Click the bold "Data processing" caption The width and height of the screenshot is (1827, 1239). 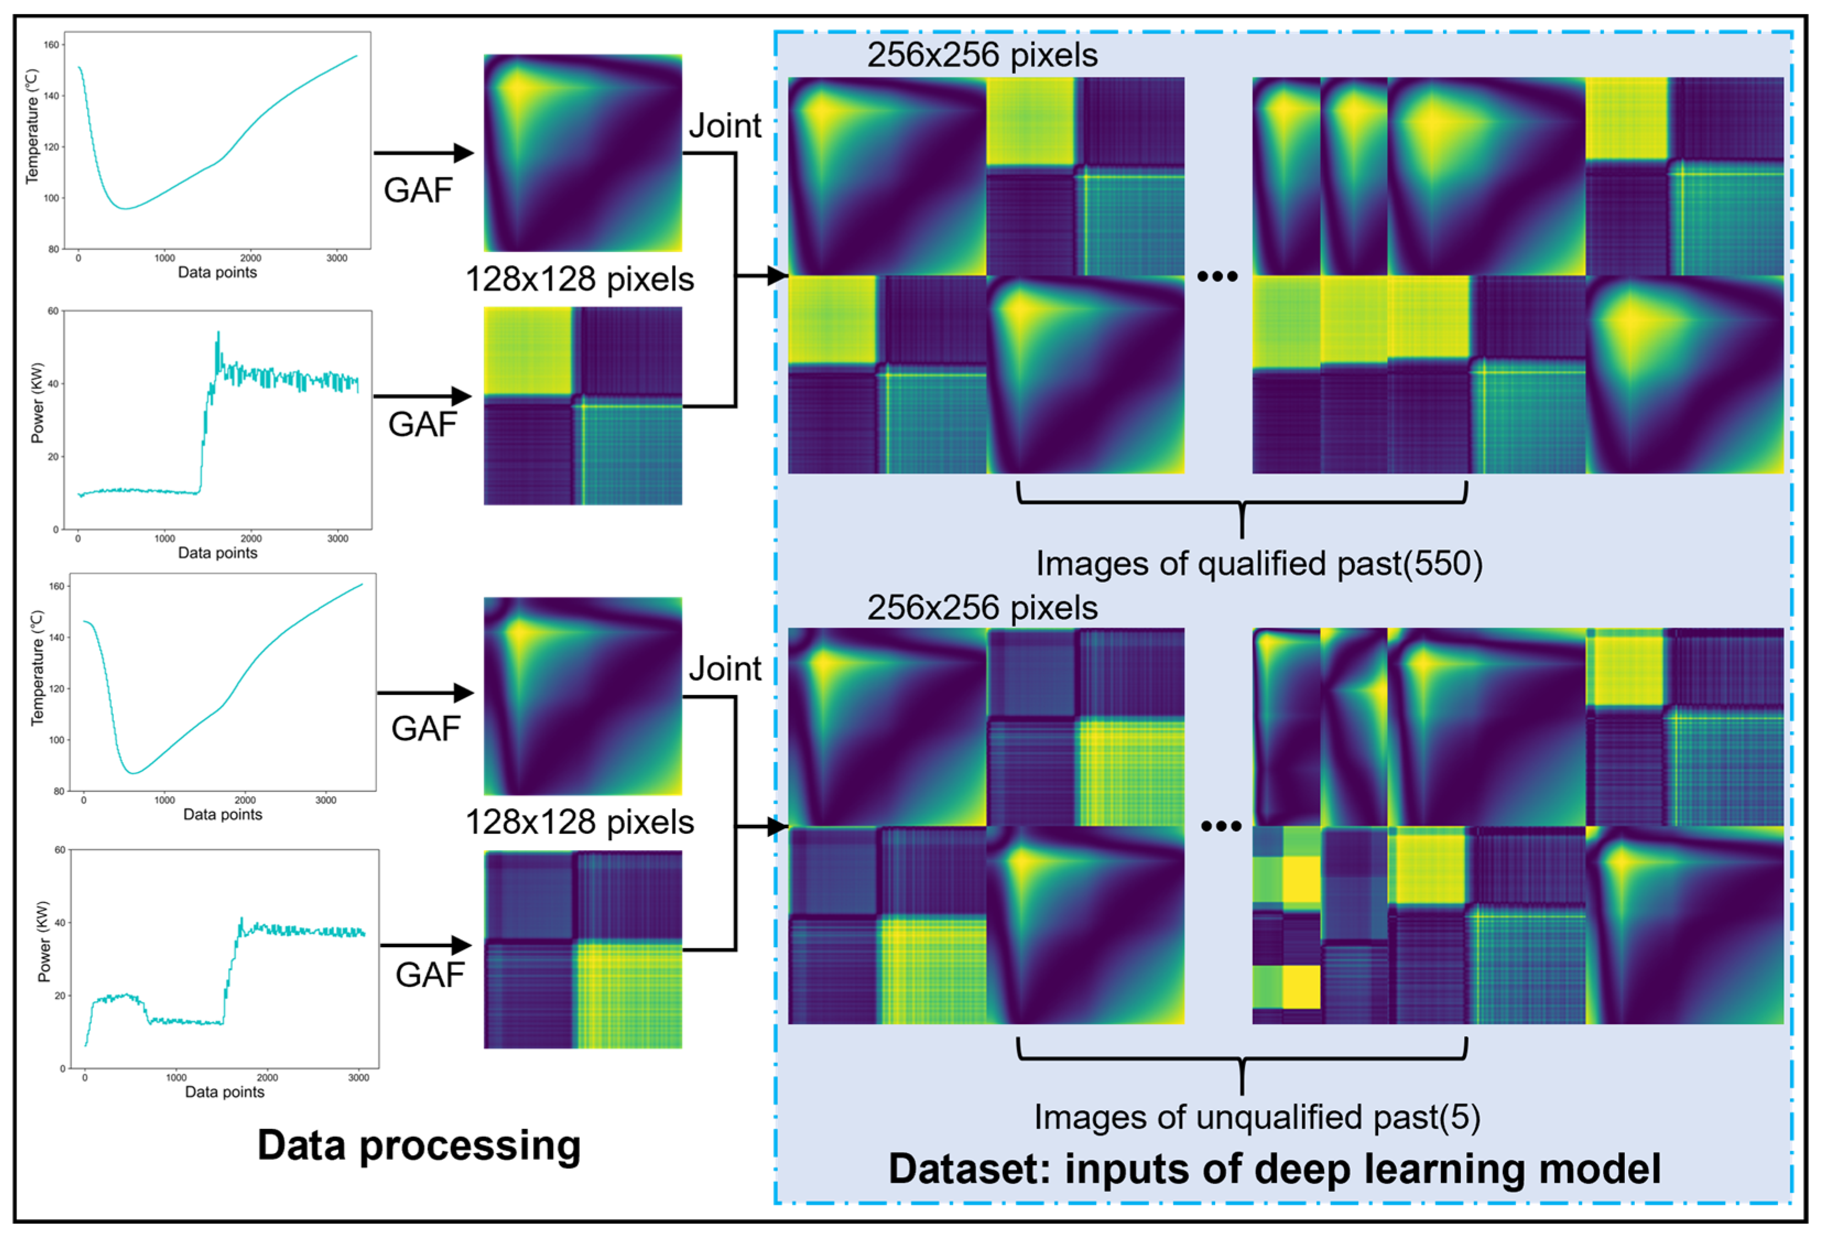[419, 1145]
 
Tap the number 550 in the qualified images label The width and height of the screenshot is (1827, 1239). [1440, 564]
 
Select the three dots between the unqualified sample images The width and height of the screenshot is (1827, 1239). [1221, 826]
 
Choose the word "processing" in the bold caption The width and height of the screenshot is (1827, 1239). [470, 1145]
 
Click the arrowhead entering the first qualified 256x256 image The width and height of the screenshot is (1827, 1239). [778, 276]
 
